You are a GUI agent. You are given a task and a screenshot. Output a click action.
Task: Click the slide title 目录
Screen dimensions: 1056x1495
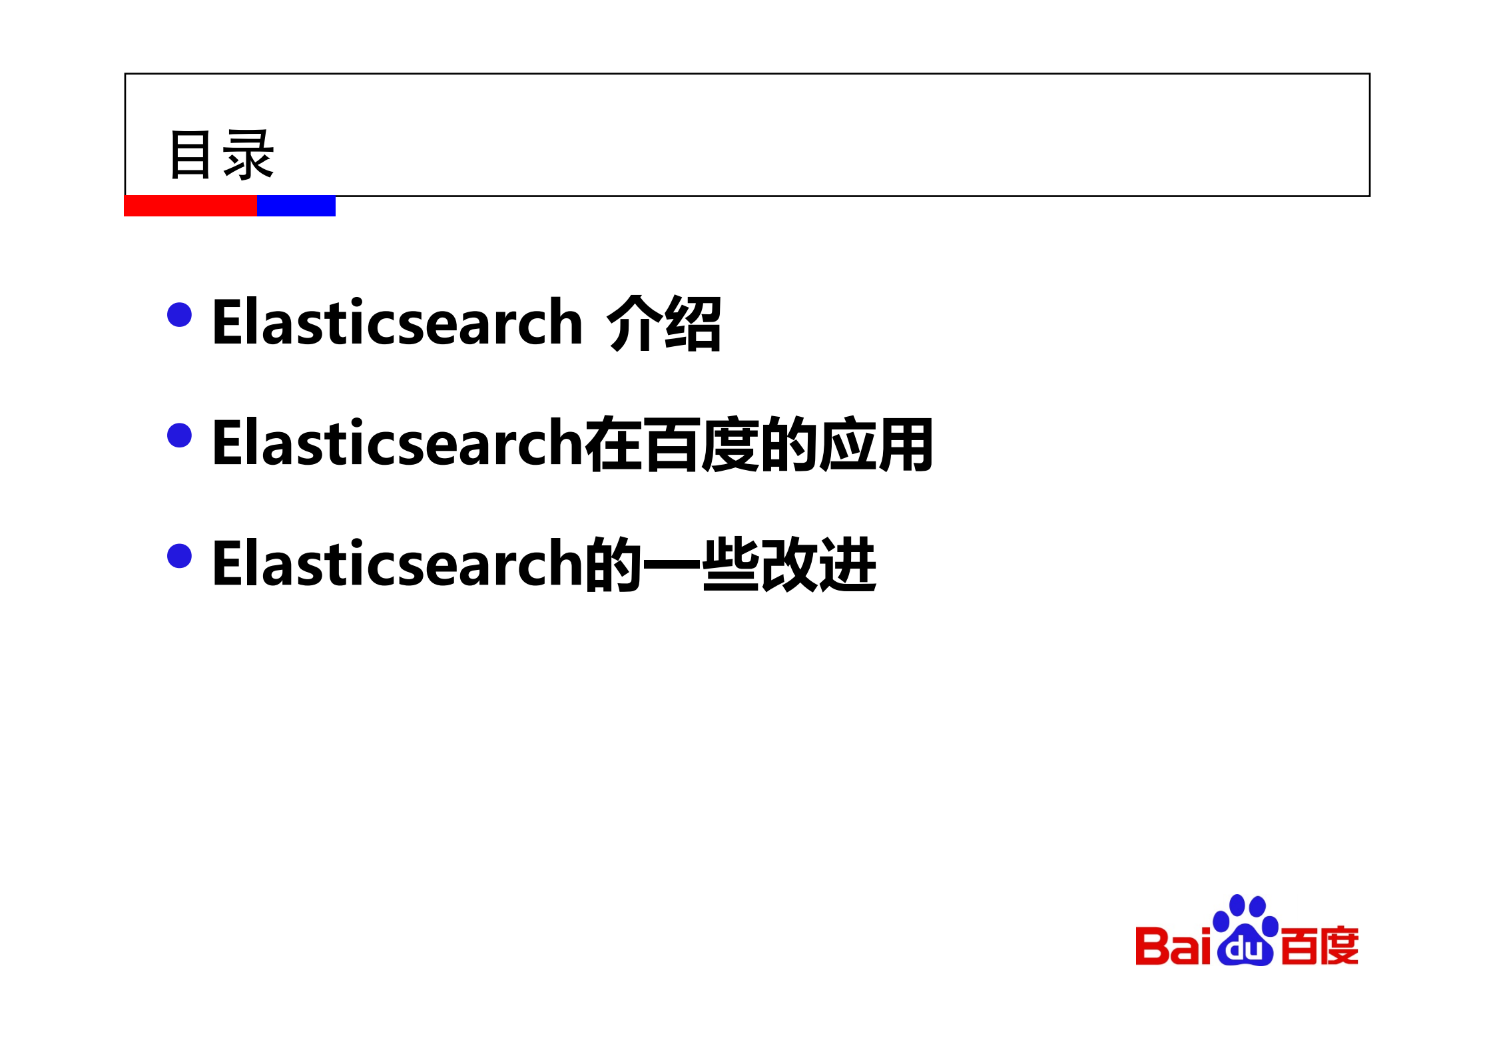[221, 155]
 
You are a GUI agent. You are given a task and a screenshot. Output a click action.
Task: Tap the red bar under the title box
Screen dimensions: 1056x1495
[190, 206]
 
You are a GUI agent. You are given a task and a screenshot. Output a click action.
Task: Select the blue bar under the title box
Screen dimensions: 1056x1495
[296, 206]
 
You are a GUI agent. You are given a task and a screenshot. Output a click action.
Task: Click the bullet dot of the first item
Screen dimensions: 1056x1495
[179, 315]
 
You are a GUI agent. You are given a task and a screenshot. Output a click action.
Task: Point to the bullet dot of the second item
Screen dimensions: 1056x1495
[179, 435]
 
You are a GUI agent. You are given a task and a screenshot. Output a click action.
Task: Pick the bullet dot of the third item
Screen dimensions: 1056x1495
[179, 556]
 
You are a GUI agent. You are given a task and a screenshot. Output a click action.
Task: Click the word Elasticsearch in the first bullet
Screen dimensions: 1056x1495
[397, 322]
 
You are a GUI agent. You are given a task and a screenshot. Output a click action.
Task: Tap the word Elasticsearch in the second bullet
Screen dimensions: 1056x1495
[397, 443]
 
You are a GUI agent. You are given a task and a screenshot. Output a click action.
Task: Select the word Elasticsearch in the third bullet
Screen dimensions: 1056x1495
[397, 564]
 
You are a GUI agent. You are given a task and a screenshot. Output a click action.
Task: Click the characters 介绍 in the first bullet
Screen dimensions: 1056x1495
[664, 324]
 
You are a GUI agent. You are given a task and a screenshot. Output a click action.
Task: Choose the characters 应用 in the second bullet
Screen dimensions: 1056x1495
[876, 444]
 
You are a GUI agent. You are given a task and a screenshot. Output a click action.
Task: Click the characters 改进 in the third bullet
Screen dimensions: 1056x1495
[818, 565]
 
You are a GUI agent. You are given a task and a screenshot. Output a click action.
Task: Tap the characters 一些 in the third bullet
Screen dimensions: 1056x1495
[701, 565]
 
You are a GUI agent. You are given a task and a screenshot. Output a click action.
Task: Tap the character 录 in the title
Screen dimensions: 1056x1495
[248, 155]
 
